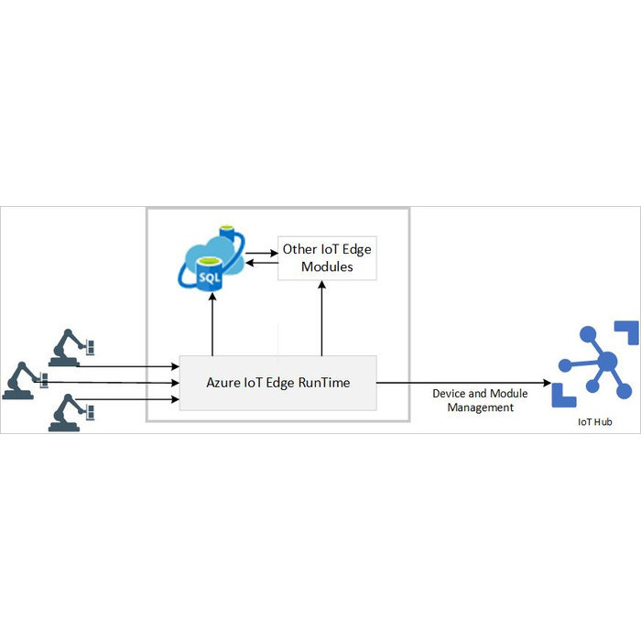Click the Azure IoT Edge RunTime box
click(x=277, y=382)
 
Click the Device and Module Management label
click(x=480, y=400)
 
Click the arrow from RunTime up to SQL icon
click(x=212, y=325)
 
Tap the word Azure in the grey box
click(x=223, y=382)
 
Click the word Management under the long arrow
click(x=480, y=407)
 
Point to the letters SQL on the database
click(x=209, y=275)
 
